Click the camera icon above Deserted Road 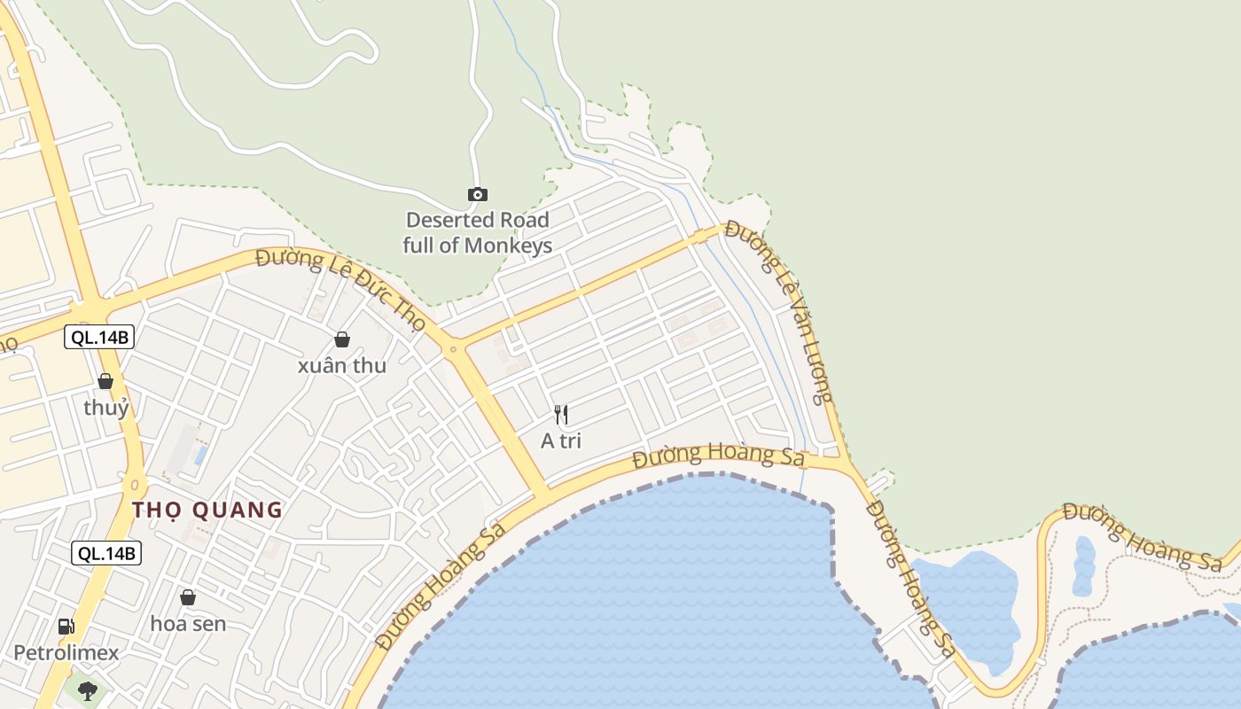coord(477,194)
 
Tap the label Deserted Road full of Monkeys coord(477,232)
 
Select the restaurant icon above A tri coord(560,414)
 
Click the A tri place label coord(560,440)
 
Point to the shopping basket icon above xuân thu coord(341,339)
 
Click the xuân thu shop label coord(341,365)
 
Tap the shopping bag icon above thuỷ coord(105,381)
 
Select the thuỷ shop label coord(106,408)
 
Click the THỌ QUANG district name coord(207,510)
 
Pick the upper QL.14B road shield coord(99,337)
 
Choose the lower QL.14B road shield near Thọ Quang coord(106,553)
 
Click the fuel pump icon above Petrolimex coord(66,627)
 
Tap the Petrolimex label coord(66,653)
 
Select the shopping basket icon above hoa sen coord(187,597)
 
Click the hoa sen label coord(188,624)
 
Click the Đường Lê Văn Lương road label coord(780,310)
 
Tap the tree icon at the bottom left coord(87,690)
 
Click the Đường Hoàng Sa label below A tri coord(718,456)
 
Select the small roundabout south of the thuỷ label coord(135,485)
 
